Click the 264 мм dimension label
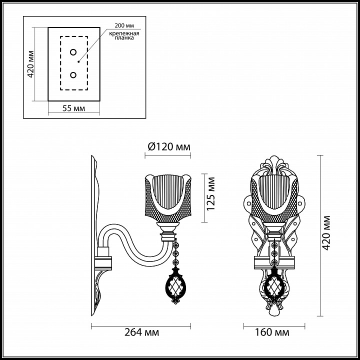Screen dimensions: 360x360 coord(141,332)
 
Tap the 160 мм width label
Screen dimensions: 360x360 coord(272,332)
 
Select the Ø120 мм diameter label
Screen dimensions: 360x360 coord(169,147)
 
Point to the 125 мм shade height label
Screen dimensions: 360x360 coord(210,193)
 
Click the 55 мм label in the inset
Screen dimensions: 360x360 coord(73,108)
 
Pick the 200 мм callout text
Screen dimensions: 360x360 coord(124,25)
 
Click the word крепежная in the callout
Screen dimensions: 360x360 coord(124,33)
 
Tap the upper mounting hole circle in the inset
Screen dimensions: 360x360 coord(73,52)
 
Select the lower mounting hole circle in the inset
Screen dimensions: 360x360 coord(73,75)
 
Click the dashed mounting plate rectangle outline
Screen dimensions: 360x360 coord(60,63)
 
